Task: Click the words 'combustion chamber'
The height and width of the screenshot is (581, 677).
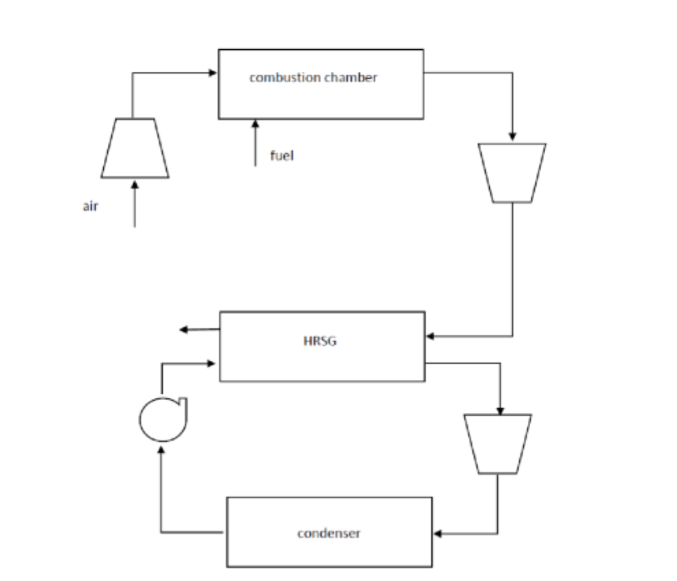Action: coord(313,77)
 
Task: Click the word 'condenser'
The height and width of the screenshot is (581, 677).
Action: coord(329,533)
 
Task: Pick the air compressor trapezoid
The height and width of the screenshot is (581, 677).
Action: coord(135,148)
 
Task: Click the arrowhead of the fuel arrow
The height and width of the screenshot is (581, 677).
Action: coord(255,124)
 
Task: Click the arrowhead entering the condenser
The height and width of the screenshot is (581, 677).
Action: coord(438,534)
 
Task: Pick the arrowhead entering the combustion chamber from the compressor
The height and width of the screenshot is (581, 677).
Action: coord(212,71)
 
